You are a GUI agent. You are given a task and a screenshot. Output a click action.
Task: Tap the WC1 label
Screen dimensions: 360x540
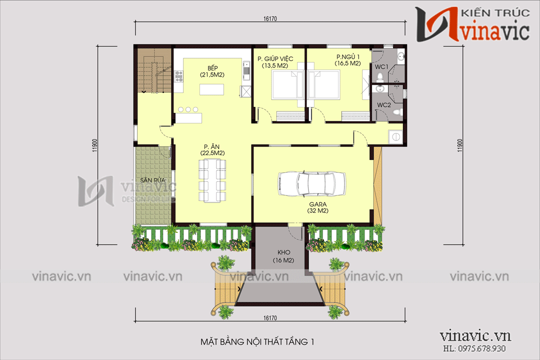[381, 66]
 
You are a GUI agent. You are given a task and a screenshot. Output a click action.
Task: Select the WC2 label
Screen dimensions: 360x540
[383, 105]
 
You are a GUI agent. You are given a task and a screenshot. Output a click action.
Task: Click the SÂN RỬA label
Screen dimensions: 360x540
[152, 180]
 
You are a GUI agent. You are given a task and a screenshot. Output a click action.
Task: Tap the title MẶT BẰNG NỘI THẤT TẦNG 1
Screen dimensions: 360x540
[257, 342]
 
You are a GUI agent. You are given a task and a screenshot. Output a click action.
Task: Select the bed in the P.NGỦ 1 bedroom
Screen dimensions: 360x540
[324, 84]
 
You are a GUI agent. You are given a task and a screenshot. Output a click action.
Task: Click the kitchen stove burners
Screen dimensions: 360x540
[178, 76]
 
